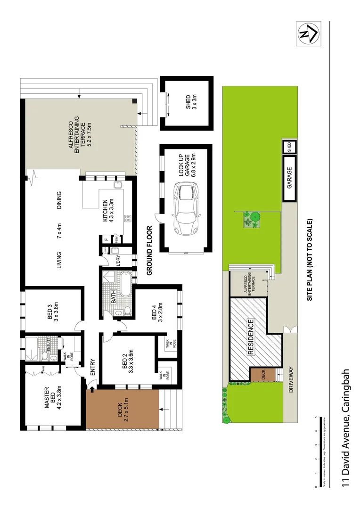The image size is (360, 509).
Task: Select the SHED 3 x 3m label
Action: (191, 104)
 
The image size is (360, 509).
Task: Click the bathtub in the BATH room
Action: (126, 284)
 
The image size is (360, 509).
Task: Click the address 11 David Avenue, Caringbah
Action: (346, 427)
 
